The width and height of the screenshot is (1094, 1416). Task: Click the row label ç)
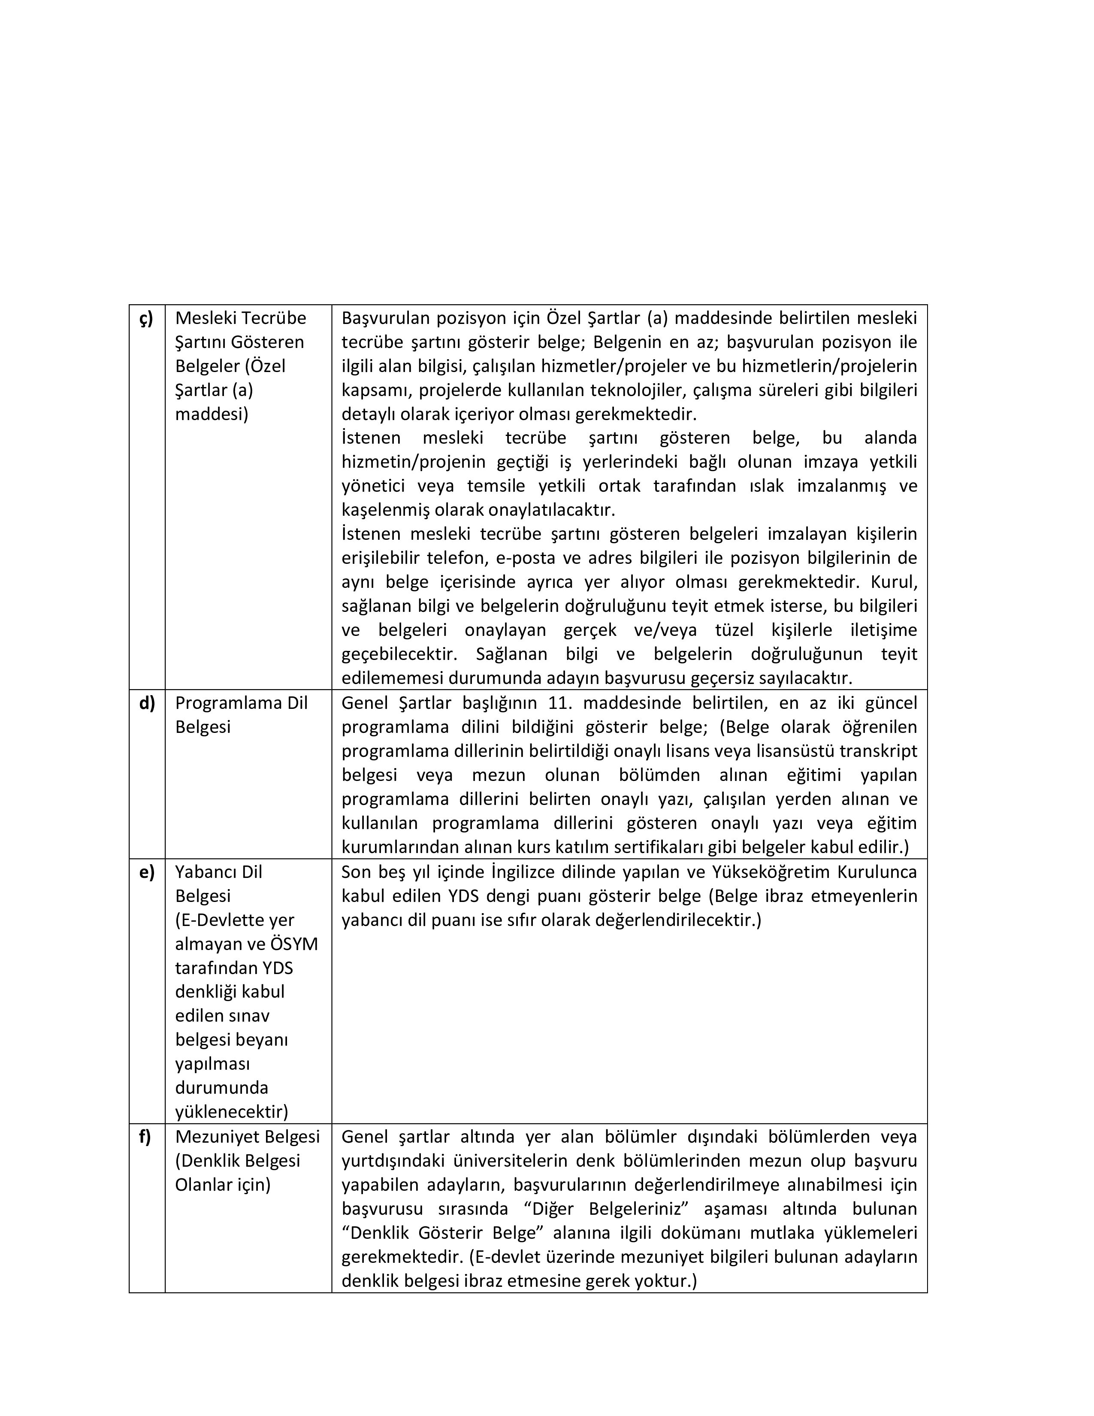(x=146, y=318)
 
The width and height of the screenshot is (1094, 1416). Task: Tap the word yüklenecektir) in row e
(x=231, y=1112)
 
